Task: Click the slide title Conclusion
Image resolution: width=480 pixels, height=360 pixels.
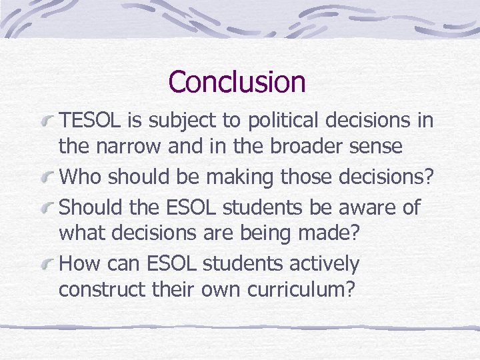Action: [237, 82]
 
